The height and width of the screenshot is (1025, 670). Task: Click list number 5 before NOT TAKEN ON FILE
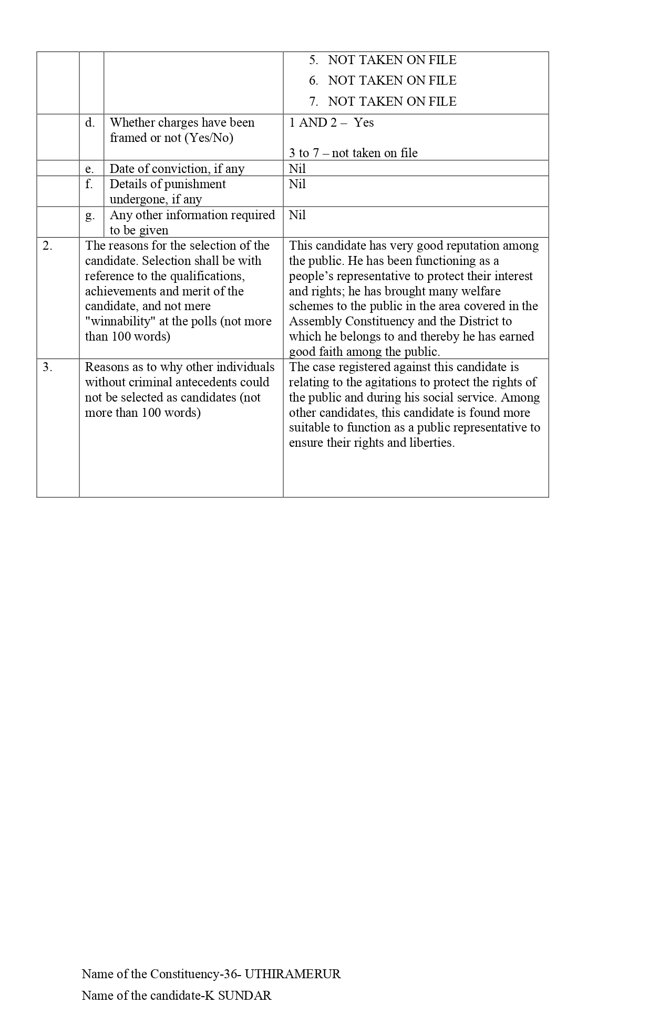pos(314,60)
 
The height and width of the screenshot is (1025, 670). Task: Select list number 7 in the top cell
pos(314,101)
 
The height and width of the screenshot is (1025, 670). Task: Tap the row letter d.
pos(90,123)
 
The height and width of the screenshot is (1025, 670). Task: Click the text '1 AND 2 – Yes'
pos(331,123)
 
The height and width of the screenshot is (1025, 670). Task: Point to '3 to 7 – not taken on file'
pos(353,153)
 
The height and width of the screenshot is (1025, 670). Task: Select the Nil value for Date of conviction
pos(297,169)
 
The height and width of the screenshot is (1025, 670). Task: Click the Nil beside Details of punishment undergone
pos(297,184)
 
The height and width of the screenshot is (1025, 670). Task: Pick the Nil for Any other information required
pos(297,215)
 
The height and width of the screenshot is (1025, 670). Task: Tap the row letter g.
pos(90,216)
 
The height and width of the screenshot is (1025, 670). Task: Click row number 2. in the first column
pos(47,246)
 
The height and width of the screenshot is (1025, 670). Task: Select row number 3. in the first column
pos(47,367)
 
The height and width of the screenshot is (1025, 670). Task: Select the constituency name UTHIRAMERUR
pos(293,974)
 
